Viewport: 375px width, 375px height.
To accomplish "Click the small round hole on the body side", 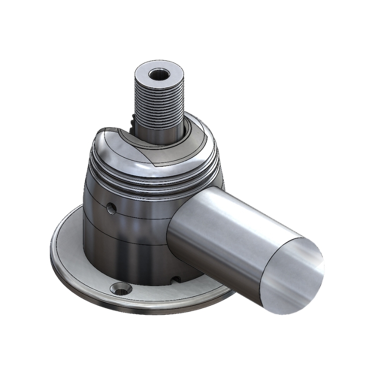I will (x=111, y=207).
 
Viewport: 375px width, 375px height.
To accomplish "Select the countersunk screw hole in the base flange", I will (x=121, y=288).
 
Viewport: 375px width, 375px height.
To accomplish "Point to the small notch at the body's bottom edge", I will (x=176, y=278).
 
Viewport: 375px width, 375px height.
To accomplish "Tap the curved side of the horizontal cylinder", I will (x=225, y=233).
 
